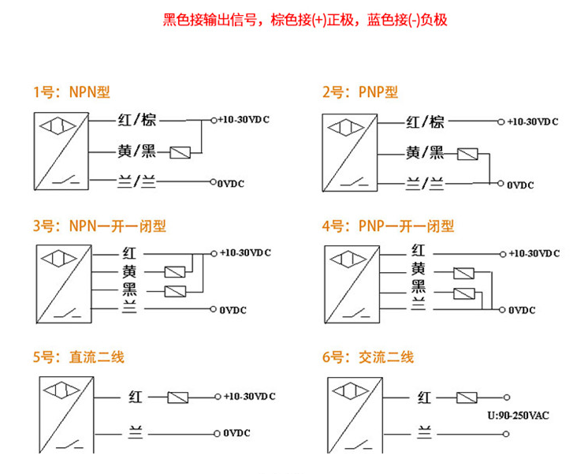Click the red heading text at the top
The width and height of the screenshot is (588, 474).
click(305, 20)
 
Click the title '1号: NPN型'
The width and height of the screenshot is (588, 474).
click(72, 92)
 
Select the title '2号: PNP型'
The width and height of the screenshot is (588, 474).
click(360, 92)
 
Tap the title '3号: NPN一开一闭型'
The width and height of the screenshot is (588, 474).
click(99, 226)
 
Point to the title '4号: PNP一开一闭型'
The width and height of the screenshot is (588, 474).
click(388, 226)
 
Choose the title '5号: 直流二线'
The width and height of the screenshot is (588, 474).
click(78, 357)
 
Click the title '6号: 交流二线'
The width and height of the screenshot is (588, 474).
click(368, 357)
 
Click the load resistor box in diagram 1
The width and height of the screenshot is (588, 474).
click(180, 152)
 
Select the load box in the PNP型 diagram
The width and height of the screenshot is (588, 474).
click(467, 154)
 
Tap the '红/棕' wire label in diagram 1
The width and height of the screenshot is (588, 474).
click(137, 120)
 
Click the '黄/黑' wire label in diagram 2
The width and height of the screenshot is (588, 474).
click(425, 153)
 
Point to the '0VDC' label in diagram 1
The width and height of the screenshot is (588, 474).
click(231, 184)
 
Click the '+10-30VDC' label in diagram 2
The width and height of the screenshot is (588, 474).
click(533, 121)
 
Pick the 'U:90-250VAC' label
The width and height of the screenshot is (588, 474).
click(518, 416)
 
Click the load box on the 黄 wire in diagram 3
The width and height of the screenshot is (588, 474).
click(175, 272)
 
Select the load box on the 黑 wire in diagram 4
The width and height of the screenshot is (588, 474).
click(464, 293)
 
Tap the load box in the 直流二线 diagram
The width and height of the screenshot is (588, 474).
click(178, 397)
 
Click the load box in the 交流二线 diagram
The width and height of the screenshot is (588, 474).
click(467, 397)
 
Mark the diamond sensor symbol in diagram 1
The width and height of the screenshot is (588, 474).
click(58, 126)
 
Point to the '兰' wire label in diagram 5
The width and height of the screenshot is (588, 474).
click(136, 433)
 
